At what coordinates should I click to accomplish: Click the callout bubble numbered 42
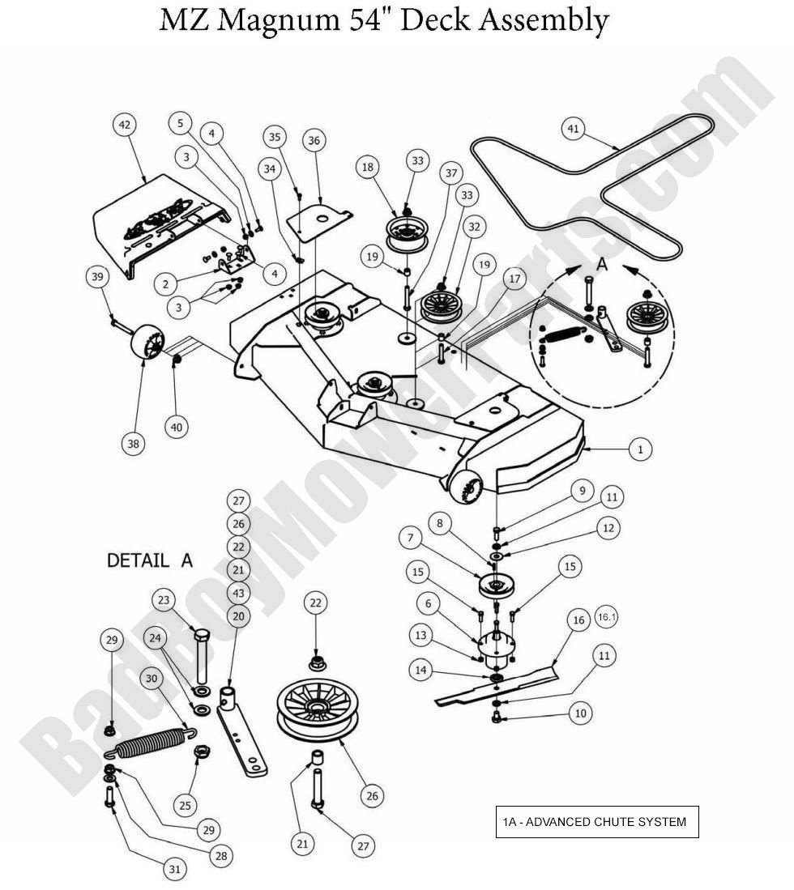point(125,125)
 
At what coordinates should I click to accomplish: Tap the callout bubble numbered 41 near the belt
point(574,129)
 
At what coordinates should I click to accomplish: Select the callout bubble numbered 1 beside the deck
point(640,449)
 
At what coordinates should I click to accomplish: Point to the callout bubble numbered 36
point(314,140)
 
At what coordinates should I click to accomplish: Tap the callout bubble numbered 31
point(175,869)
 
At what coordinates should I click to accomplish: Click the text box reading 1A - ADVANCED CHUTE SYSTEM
point(596,821)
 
